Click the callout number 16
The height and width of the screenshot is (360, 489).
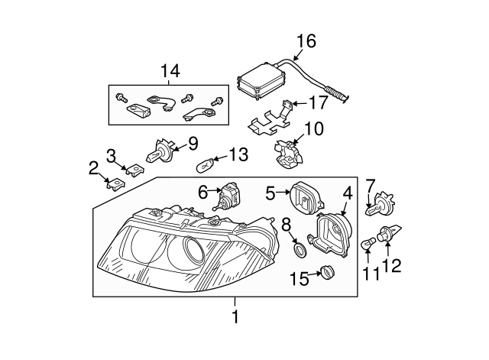point(306,41)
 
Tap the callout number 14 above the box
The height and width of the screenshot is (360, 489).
point(170,71)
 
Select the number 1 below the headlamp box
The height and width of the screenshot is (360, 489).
point(235,316)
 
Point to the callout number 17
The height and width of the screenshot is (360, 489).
point(319,102)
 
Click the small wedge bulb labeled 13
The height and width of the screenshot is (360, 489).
point(205,165)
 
